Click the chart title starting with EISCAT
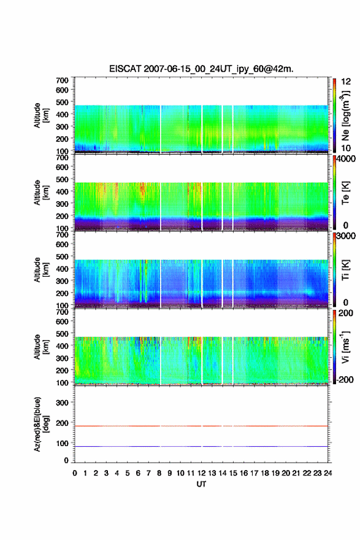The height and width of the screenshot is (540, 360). (201, 69)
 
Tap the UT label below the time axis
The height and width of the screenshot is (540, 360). (201, 484)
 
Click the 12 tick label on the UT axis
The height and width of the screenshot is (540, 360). (201, 473)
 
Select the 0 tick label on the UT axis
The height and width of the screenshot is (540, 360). (75, 473)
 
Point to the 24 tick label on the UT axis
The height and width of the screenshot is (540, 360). (327, 473)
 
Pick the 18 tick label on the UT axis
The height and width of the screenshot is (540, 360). (265, 473)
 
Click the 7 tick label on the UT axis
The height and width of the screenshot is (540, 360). (148, 473)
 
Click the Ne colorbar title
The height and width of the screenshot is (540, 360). (346, 116)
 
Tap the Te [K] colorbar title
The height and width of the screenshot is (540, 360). (345, 193)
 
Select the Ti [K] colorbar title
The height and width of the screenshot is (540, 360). (345, 270)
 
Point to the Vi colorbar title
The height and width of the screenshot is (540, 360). (346, 347)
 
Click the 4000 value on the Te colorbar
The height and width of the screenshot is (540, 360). (345, 160)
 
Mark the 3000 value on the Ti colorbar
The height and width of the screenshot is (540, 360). (345, 236)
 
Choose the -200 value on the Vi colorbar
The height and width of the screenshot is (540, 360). (345, 379)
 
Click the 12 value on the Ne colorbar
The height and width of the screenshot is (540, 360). (346, 82)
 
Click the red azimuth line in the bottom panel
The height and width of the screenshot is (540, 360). (201, 426)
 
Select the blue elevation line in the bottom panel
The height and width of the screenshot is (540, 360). (201, 446)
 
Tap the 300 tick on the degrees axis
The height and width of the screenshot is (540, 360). (62, 403)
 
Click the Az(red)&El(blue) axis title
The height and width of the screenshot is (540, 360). (40, 424)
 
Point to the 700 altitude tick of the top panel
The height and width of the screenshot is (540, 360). (62, 80)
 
